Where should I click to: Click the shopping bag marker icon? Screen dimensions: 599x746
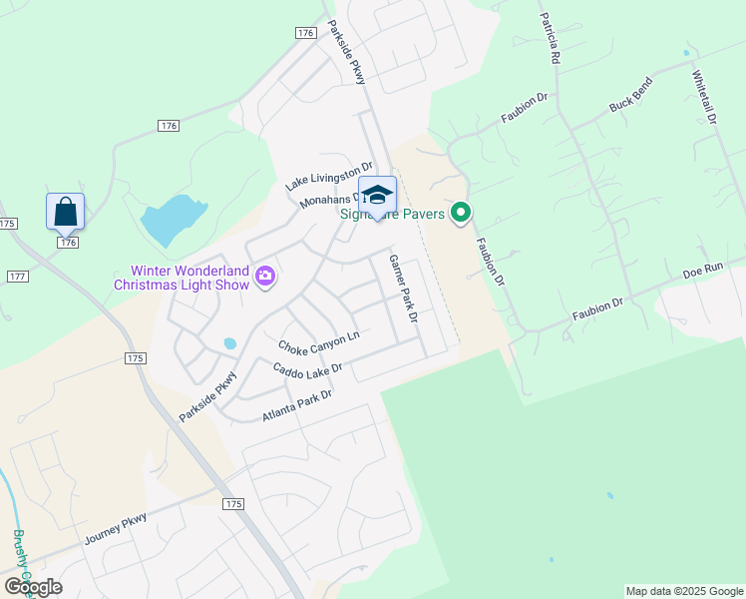tap(65, 213)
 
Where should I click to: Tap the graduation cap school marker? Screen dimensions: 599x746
tap(377, 194)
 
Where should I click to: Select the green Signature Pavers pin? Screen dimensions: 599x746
tap(460, 213)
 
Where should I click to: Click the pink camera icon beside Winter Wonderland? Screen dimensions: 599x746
tap(264, 276)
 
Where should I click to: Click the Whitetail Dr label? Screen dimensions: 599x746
tap(704, 96)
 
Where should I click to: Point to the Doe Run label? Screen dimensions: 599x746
tap(701, 271)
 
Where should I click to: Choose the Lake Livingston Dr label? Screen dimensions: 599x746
tap(328, 177)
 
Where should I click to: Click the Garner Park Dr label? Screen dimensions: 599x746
tap(402, 287)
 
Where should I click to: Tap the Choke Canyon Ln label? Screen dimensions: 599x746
tap(318, 343)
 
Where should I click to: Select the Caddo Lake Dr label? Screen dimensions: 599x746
tap(307, 369)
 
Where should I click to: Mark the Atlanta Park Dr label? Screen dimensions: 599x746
tap(296, 403)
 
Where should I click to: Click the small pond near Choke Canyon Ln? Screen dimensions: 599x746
tap(230, 342)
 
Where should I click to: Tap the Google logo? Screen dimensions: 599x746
tap(32, 586)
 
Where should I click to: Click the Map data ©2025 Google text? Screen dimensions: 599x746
tap(684, 591)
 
